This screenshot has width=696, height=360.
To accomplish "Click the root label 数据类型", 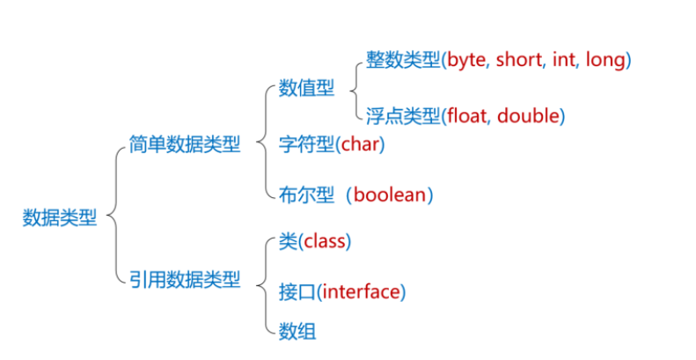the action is (60, 217).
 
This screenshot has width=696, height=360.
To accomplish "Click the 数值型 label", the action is (306, 88).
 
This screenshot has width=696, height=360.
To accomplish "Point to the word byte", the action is (468, 61).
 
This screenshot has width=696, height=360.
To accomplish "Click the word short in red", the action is (520, 61).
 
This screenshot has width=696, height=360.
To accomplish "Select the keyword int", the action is (563, 61).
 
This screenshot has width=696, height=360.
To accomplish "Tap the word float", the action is (467, 114).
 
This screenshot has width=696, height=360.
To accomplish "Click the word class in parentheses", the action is (325, 240).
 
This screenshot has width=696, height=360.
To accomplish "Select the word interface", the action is (361, 290).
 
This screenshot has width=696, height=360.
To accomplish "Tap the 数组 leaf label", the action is (297, 331).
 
